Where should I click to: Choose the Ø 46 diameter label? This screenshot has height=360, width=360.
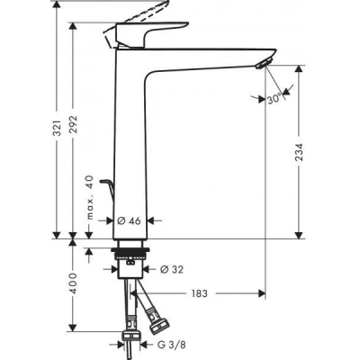(x=132, y=219)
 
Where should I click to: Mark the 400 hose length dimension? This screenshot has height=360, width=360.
(x=77, y=292)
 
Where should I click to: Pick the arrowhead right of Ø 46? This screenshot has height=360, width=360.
(x=153, y=219)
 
